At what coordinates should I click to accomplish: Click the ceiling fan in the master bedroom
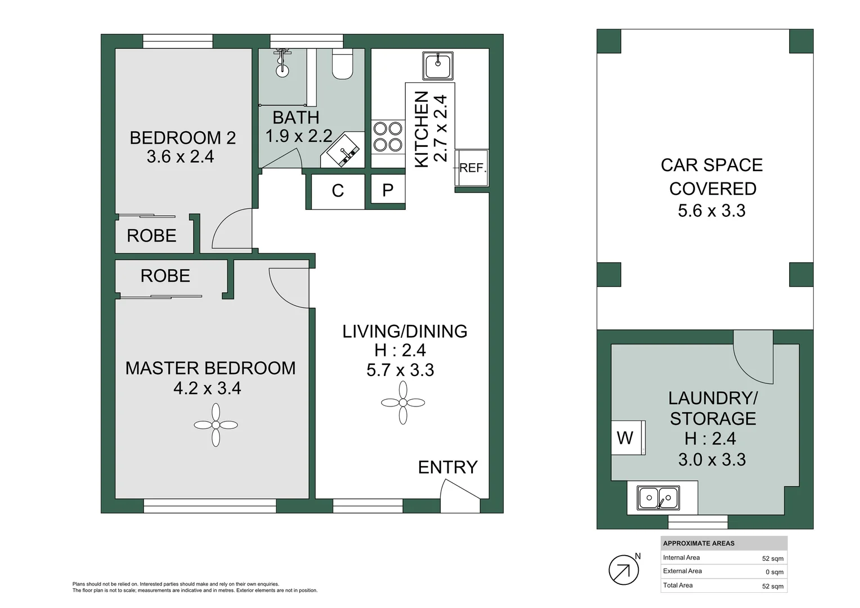[216, 426]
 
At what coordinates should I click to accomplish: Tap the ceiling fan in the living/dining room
[403, 403]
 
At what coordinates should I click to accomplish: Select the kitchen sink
[437, 66]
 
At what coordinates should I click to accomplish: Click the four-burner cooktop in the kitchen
[388, 137]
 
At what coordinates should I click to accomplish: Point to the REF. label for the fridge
[472, 168]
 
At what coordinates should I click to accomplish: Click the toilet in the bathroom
[342, 64]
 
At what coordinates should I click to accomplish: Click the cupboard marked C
[338, 191]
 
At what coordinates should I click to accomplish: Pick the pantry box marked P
[388, 191]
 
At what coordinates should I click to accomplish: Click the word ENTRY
[447, 467]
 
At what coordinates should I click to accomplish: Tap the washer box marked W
[626, 437]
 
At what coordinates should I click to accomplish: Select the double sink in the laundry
[658, 498]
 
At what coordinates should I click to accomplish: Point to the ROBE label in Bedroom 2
[151, 236]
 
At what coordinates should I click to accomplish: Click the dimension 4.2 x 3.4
[207, 388]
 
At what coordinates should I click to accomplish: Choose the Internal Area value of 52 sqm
[772, 558]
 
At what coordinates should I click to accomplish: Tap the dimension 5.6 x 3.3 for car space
[711, 211]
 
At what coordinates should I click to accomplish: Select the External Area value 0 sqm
[774, 572]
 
